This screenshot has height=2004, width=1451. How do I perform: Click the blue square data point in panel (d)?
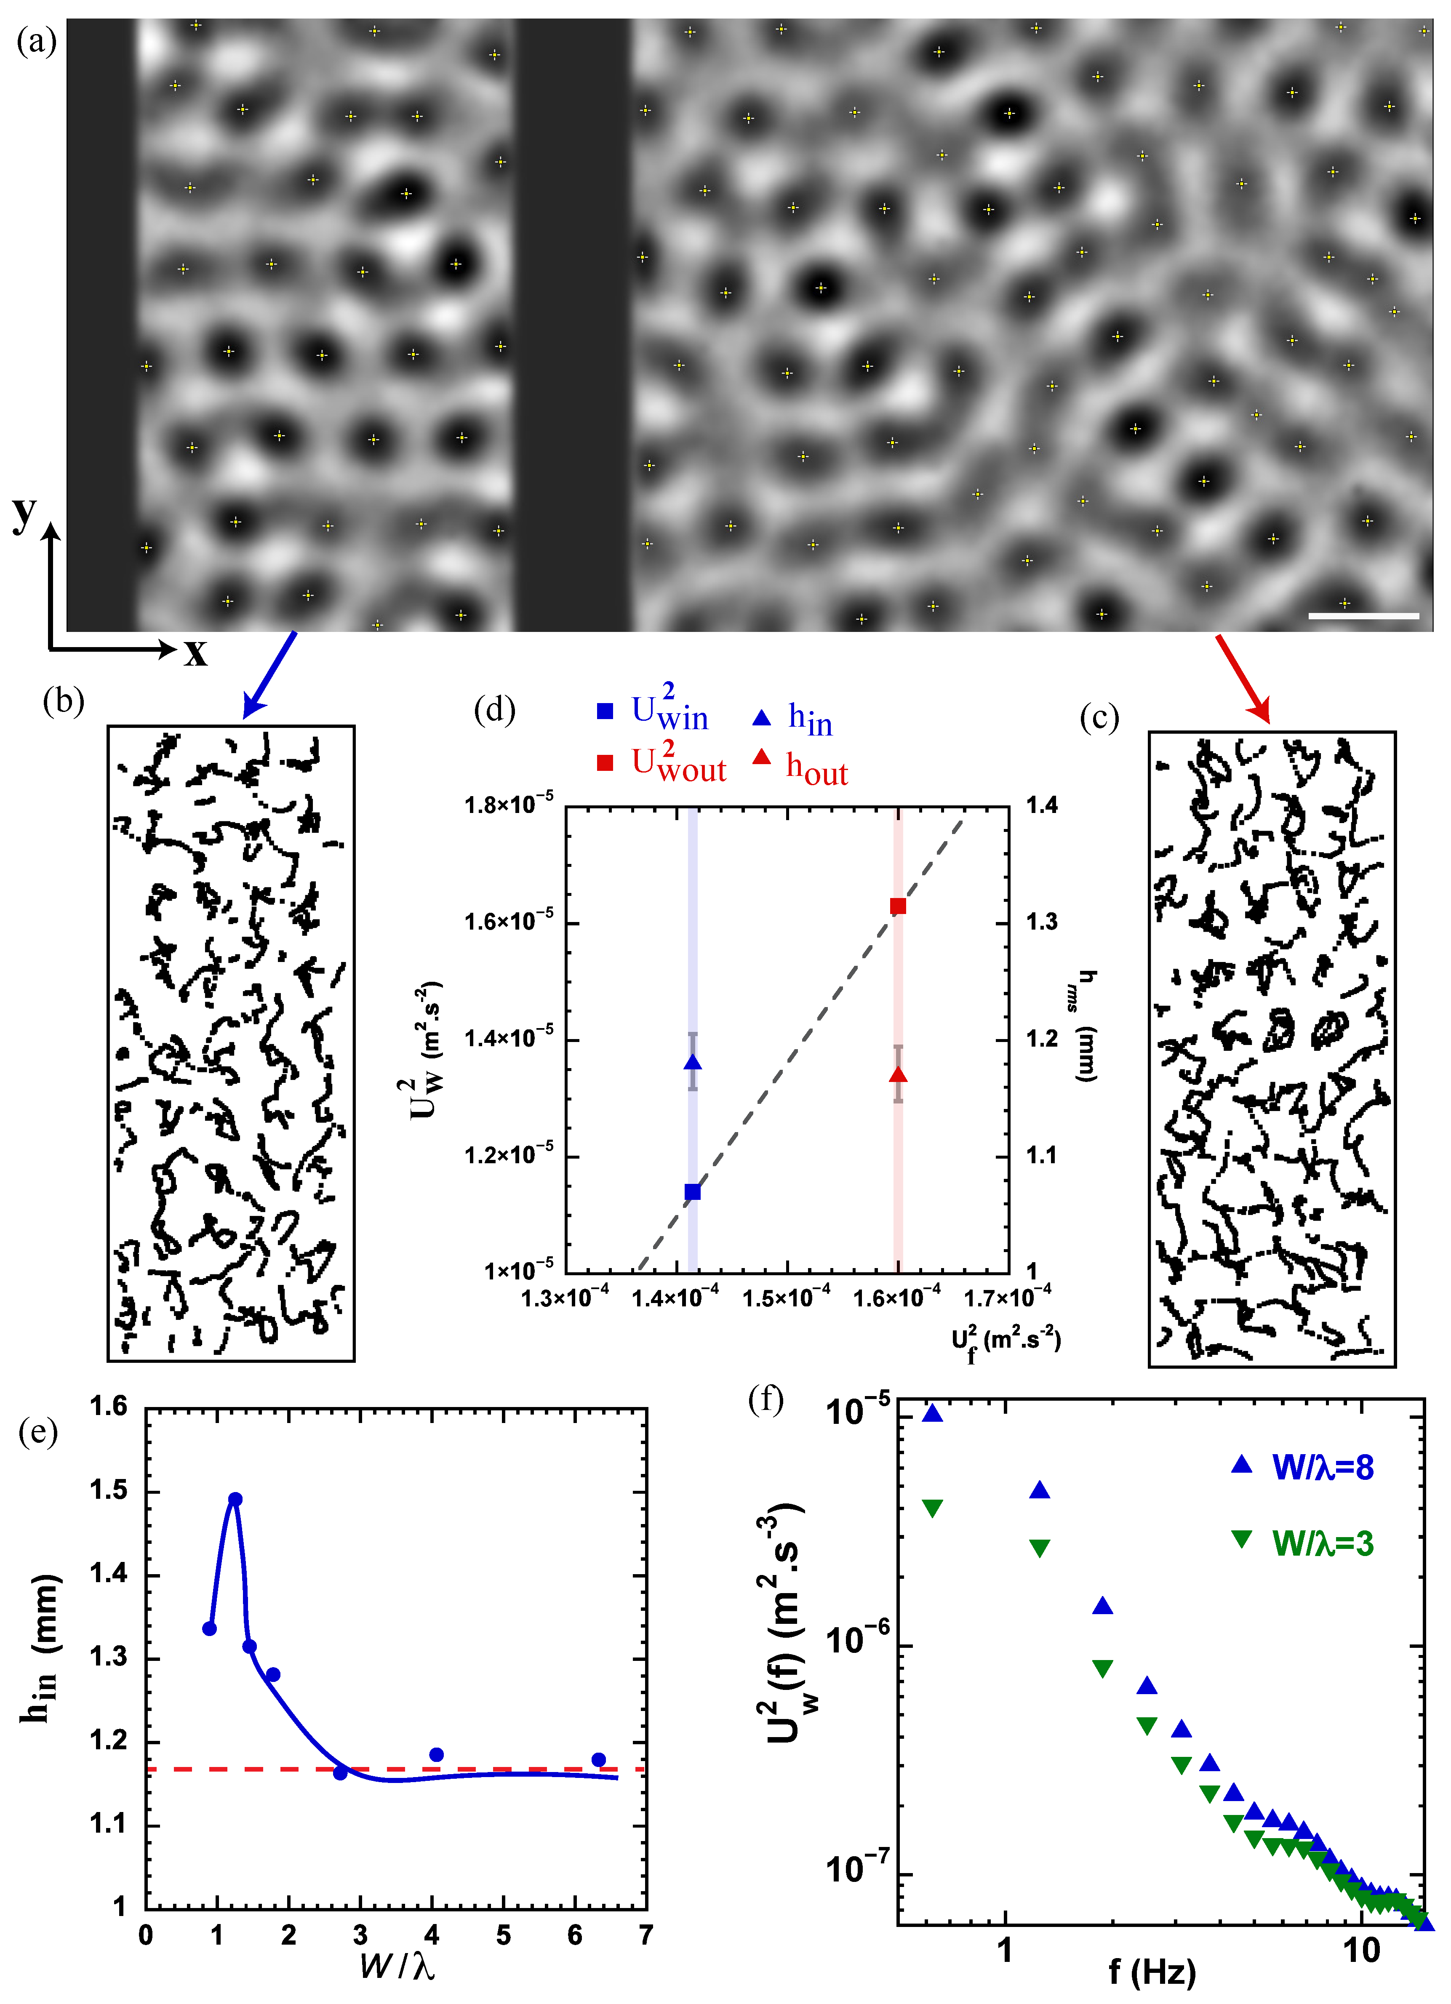(693, 1192)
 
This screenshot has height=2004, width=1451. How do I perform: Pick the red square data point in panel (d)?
(898, 906)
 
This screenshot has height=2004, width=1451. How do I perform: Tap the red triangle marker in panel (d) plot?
(898, 1074)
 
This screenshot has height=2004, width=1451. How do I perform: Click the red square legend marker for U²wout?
(605, 762)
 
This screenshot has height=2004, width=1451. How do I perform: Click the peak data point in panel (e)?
(235, 1500)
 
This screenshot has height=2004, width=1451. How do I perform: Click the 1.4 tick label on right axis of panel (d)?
(1042, 805)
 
